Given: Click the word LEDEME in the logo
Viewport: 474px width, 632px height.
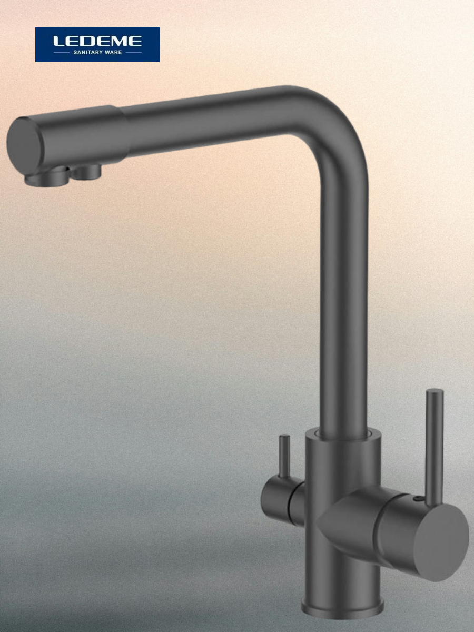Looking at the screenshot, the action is coord(97,41).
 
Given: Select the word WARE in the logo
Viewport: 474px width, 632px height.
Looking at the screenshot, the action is coord(113,52).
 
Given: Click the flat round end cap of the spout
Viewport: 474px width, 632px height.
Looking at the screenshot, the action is coord(24,146).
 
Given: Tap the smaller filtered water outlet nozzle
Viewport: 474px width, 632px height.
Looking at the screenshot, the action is coord(86,172).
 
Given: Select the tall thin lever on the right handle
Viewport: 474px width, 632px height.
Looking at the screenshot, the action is coord(434,448).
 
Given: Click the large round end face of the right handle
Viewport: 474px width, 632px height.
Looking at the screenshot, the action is coord(441,543).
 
